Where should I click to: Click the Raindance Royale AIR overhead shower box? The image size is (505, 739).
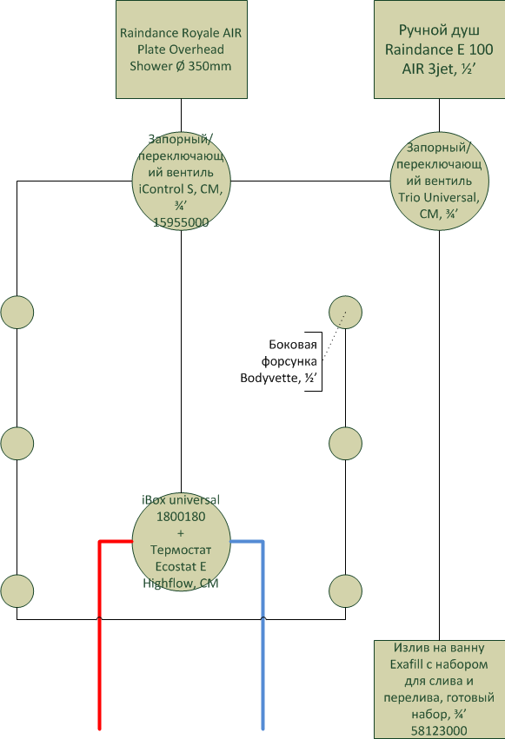[182, 49]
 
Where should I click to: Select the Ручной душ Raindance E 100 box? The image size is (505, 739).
[440, 49]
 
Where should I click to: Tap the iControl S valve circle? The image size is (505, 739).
[182, 181]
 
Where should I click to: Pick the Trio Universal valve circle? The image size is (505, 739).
[440, 181]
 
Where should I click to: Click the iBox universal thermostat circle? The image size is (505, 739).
[182, 542]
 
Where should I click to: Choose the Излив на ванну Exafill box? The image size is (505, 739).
[440, 690]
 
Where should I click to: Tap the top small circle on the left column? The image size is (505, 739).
[17, 312]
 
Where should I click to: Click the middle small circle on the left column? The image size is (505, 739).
[17, 444]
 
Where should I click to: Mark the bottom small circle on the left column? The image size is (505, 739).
[17, 591]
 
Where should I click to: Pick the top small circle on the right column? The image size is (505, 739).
[346, 312]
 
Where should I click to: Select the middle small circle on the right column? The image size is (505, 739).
[346, 444]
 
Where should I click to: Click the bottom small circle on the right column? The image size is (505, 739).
[346, 591]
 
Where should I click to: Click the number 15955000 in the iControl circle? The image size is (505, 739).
[181, 222]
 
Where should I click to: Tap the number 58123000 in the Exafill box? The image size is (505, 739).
[439, 731]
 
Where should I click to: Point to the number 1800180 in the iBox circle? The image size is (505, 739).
[181, 517]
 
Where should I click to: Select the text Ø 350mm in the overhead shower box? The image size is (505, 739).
[203, 66]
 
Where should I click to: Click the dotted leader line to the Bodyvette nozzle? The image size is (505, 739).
[335, 336]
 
